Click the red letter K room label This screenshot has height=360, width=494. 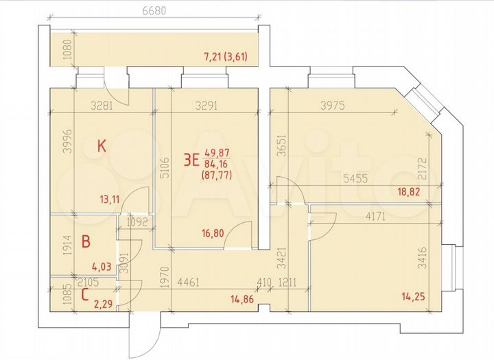(102, 145)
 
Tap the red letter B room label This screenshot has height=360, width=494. (86, 241)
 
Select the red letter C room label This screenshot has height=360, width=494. (84, 296)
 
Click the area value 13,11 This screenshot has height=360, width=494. (112, 200)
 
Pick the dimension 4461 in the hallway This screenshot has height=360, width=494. (189, 280)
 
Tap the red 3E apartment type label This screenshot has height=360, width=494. (191, 161)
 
